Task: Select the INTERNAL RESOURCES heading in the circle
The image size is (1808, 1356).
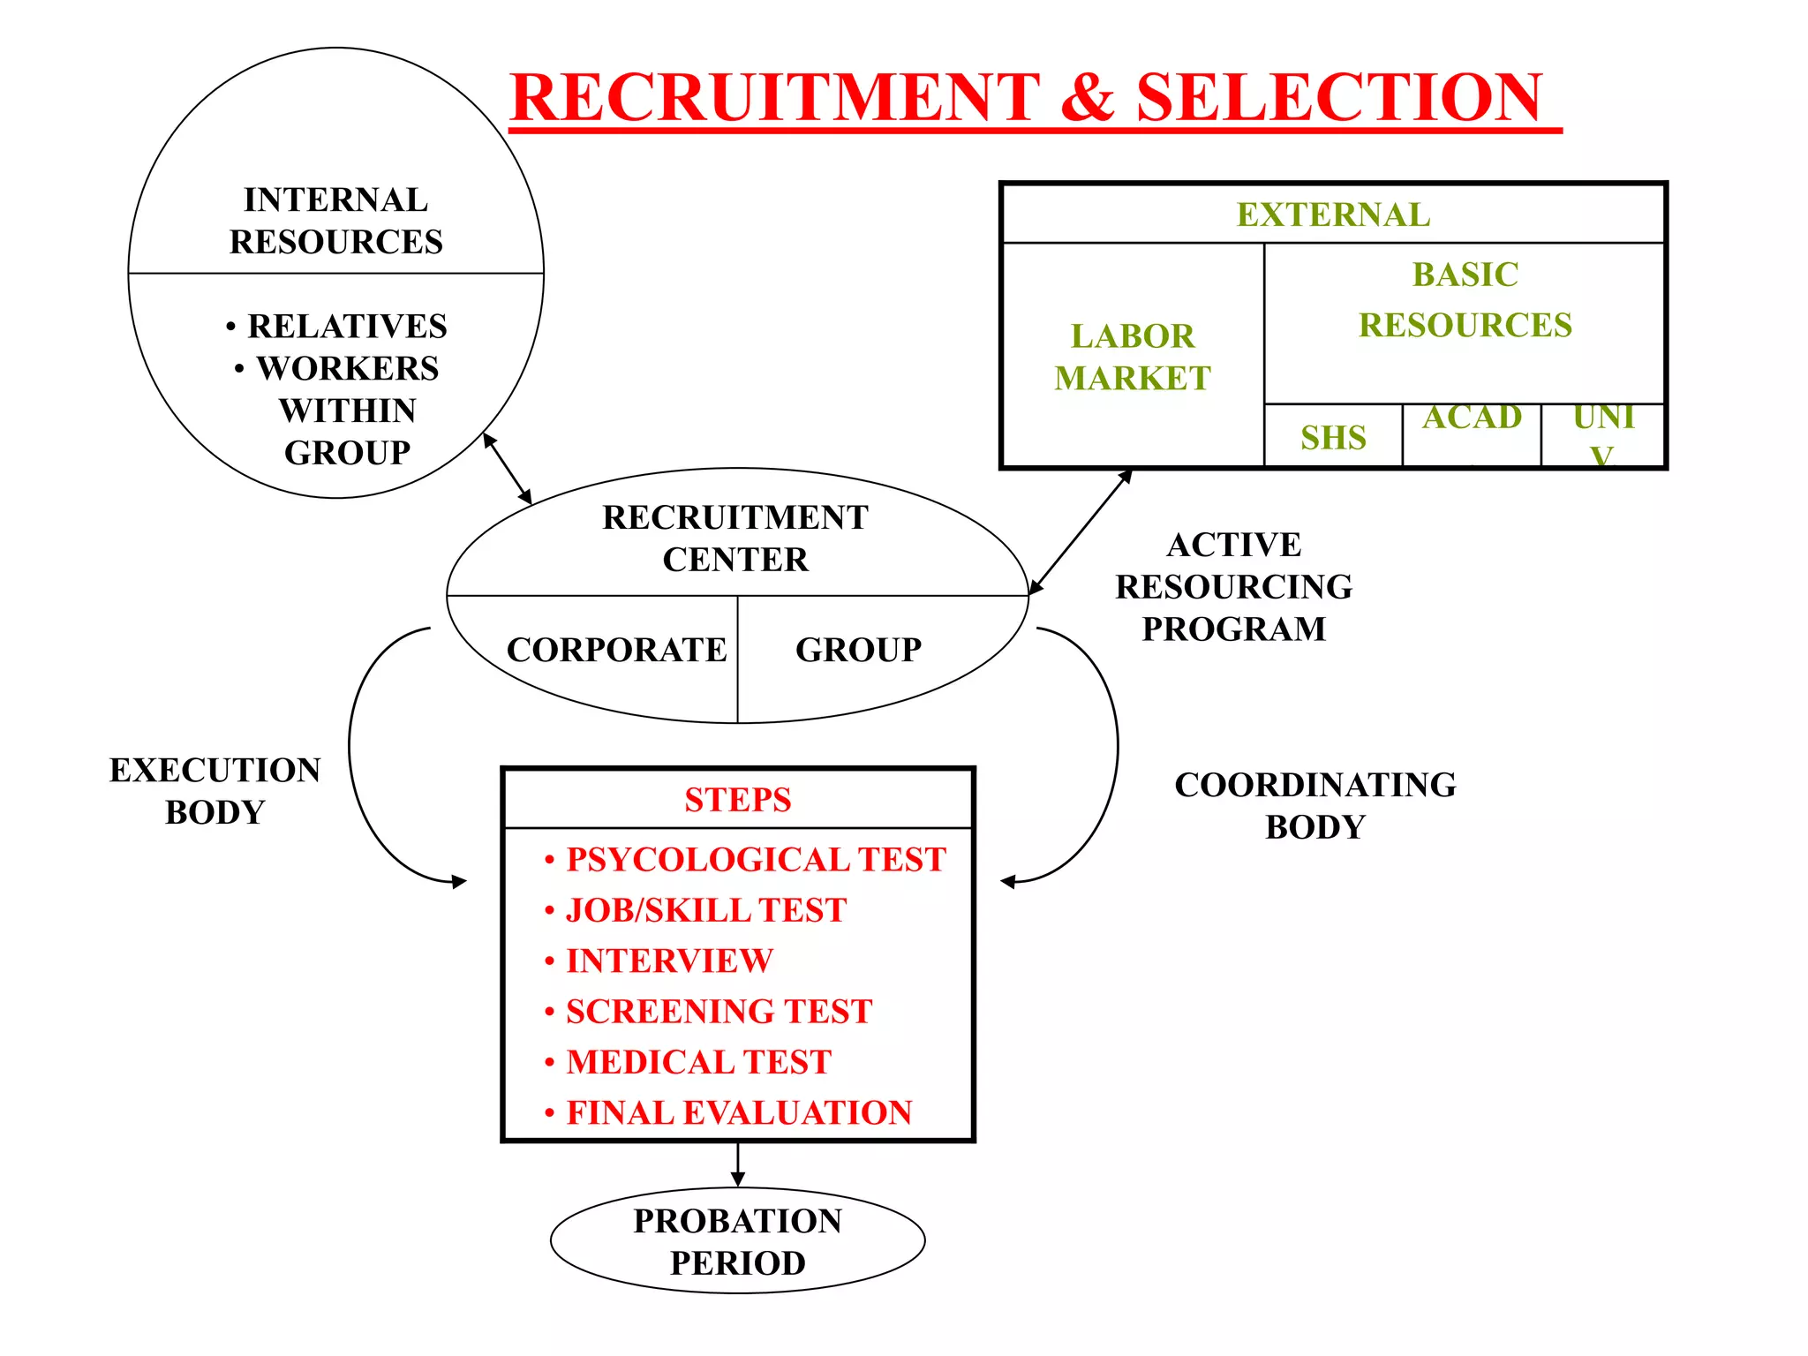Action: tap(336, 221)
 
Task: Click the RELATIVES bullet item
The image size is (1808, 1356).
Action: tap(346, 327)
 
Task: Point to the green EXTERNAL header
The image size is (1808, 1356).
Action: tap(1333, 215)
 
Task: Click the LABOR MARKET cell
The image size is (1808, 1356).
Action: tap(1133, 357)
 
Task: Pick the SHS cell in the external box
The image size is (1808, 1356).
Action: tap(1333, 437)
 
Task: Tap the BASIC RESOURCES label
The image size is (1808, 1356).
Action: tap(1465, 300)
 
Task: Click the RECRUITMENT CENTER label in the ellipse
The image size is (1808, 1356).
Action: tap(735, 538)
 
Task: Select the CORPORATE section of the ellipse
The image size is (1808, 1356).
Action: tap(616, 650)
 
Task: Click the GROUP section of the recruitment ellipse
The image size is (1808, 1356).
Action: tap(858, 650)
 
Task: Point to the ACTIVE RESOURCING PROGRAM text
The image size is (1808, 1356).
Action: tap(1233, 586)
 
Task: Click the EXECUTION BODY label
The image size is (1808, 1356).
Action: tap(215, 791)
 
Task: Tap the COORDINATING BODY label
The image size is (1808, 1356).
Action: tap(1315, 805)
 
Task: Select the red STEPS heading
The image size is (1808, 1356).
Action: tap(738, 800)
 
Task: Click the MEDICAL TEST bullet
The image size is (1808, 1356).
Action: tap(698, 1062)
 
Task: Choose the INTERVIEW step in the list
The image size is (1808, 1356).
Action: tap(669, 960)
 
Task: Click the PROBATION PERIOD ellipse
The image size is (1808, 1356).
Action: tap(738, 1241)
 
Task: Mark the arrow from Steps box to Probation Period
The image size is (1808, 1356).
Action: tap(738, 1164)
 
